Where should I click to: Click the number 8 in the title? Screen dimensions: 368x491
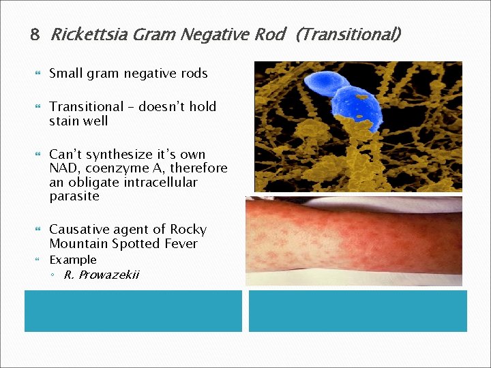(35, 35)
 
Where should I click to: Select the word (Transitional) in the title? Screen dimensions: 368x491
(348, 34)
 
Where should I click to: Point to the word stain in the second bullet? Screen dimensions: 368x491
(65, 121)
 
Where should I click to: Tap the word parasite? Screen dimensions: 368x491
(74, 196)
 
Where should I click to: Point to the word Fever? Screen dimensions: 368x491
(181, 243)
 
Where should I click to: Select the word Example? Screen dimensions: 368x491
(73, 260)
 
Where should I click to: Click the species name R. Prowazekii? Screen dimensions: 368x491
(102, 275)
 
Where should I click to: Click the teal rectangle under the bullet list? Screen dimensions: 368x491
(133, 311)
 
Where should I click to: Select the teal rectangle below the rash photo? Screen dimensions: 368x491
(357, 311)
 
